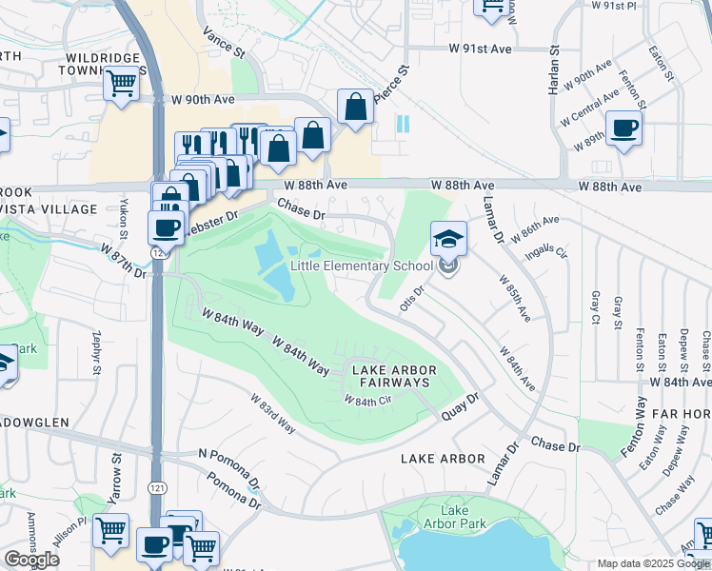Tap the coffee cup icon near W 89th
pyautogui.click(x=624, y=128)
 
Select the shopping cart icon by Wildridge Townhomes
pyautogui.click(x=122, y=83)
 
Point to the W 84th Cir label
pyautogui.click(x=368, y=401)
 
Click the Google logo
pyautogui.click(x=31, y=560)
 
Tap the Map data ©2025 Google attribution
pyautogui.click(x=653, y=563)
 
